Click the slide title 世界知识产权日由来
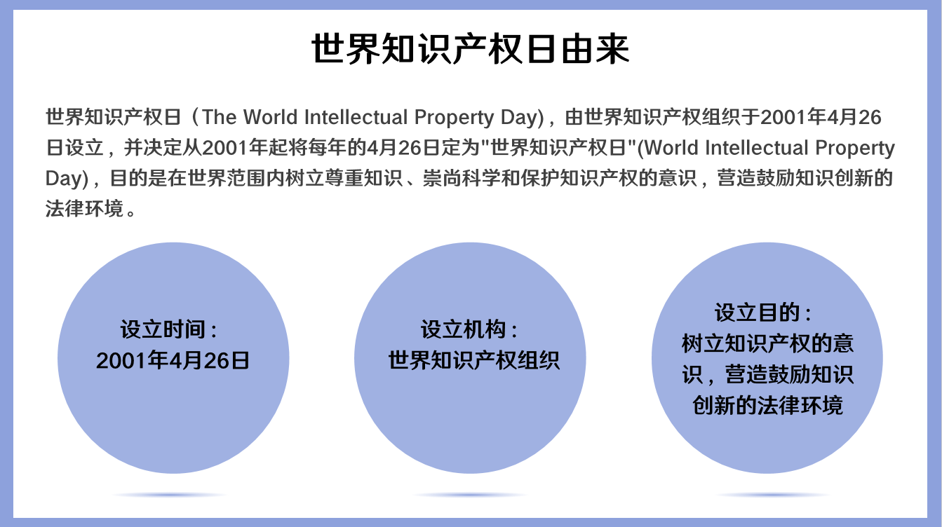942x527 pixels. coord(470,49)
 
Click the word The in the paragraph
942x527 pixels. coord(219,117)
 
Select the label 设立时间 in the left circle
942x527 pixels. coord(163,329)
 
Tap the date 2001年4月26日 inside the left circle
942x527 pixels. coord(173,361)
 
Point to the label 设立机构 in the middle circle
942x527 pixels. coord(464,329)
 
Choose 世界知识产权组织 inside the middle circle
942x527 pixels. coord(474,361)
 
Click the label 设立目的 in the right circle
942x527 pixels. coord(758,313)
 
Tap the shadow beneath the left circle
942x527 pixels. coord(170,495)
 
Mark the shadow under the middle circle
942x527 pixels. coord(470,495)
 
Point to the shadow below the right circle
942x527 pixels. coord(772,495)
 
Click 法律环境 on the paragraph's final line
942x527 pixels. coord(85,208)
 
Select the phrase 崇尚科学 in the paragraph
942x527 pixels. coord(462,178)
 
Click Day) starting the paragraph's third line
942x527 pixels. coord(67,178)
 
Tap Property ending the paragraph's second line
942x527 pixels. coord(855,148)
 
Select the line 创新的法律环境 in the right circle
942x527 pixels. coord(767,405)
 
